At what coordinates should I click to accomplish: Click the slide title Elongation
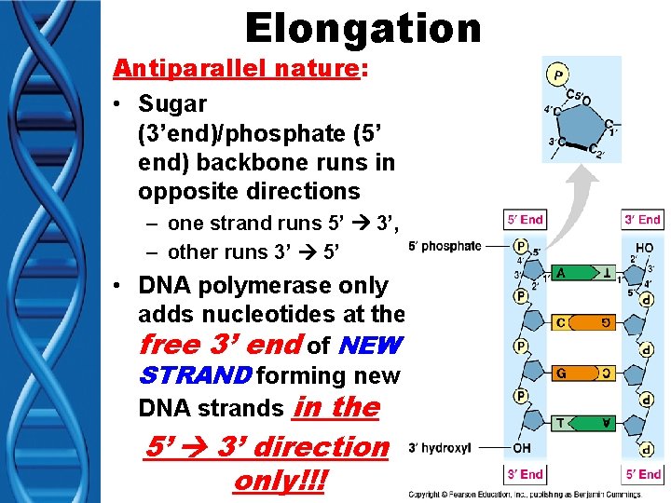(x=363, y=29)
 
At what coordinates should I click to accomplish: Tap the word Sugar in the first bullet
(x=172, y=103)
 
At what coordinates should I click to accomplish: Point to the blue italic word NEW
(x=370, y=346)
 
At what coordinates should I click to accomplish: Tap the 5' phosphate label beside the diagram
(x=445, y=246)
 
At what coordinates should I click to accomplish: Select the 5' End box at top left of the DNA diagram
(x=525, y=220)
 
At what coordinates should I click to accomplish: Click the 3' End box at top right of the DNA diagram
(x=642, y=220)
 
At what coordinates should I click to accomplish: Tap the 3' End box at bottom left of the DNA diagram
(x=525, y=474)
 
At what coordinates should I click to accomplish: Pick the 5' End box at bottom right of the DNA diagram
(x=642, y=474)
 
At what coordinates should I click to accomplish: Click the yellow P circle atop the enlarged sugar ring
(x=558, y=75)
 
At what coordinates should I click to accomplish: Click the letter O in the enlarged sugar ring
(x=586, y=101)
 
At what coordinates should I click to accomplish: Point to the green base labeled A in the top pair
(x=561, y=273)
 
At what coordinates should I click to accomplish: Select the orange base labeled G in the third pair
(x=562, y=373)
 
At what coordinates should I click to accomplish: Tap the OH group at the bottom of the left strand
(x=522, y=447)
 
